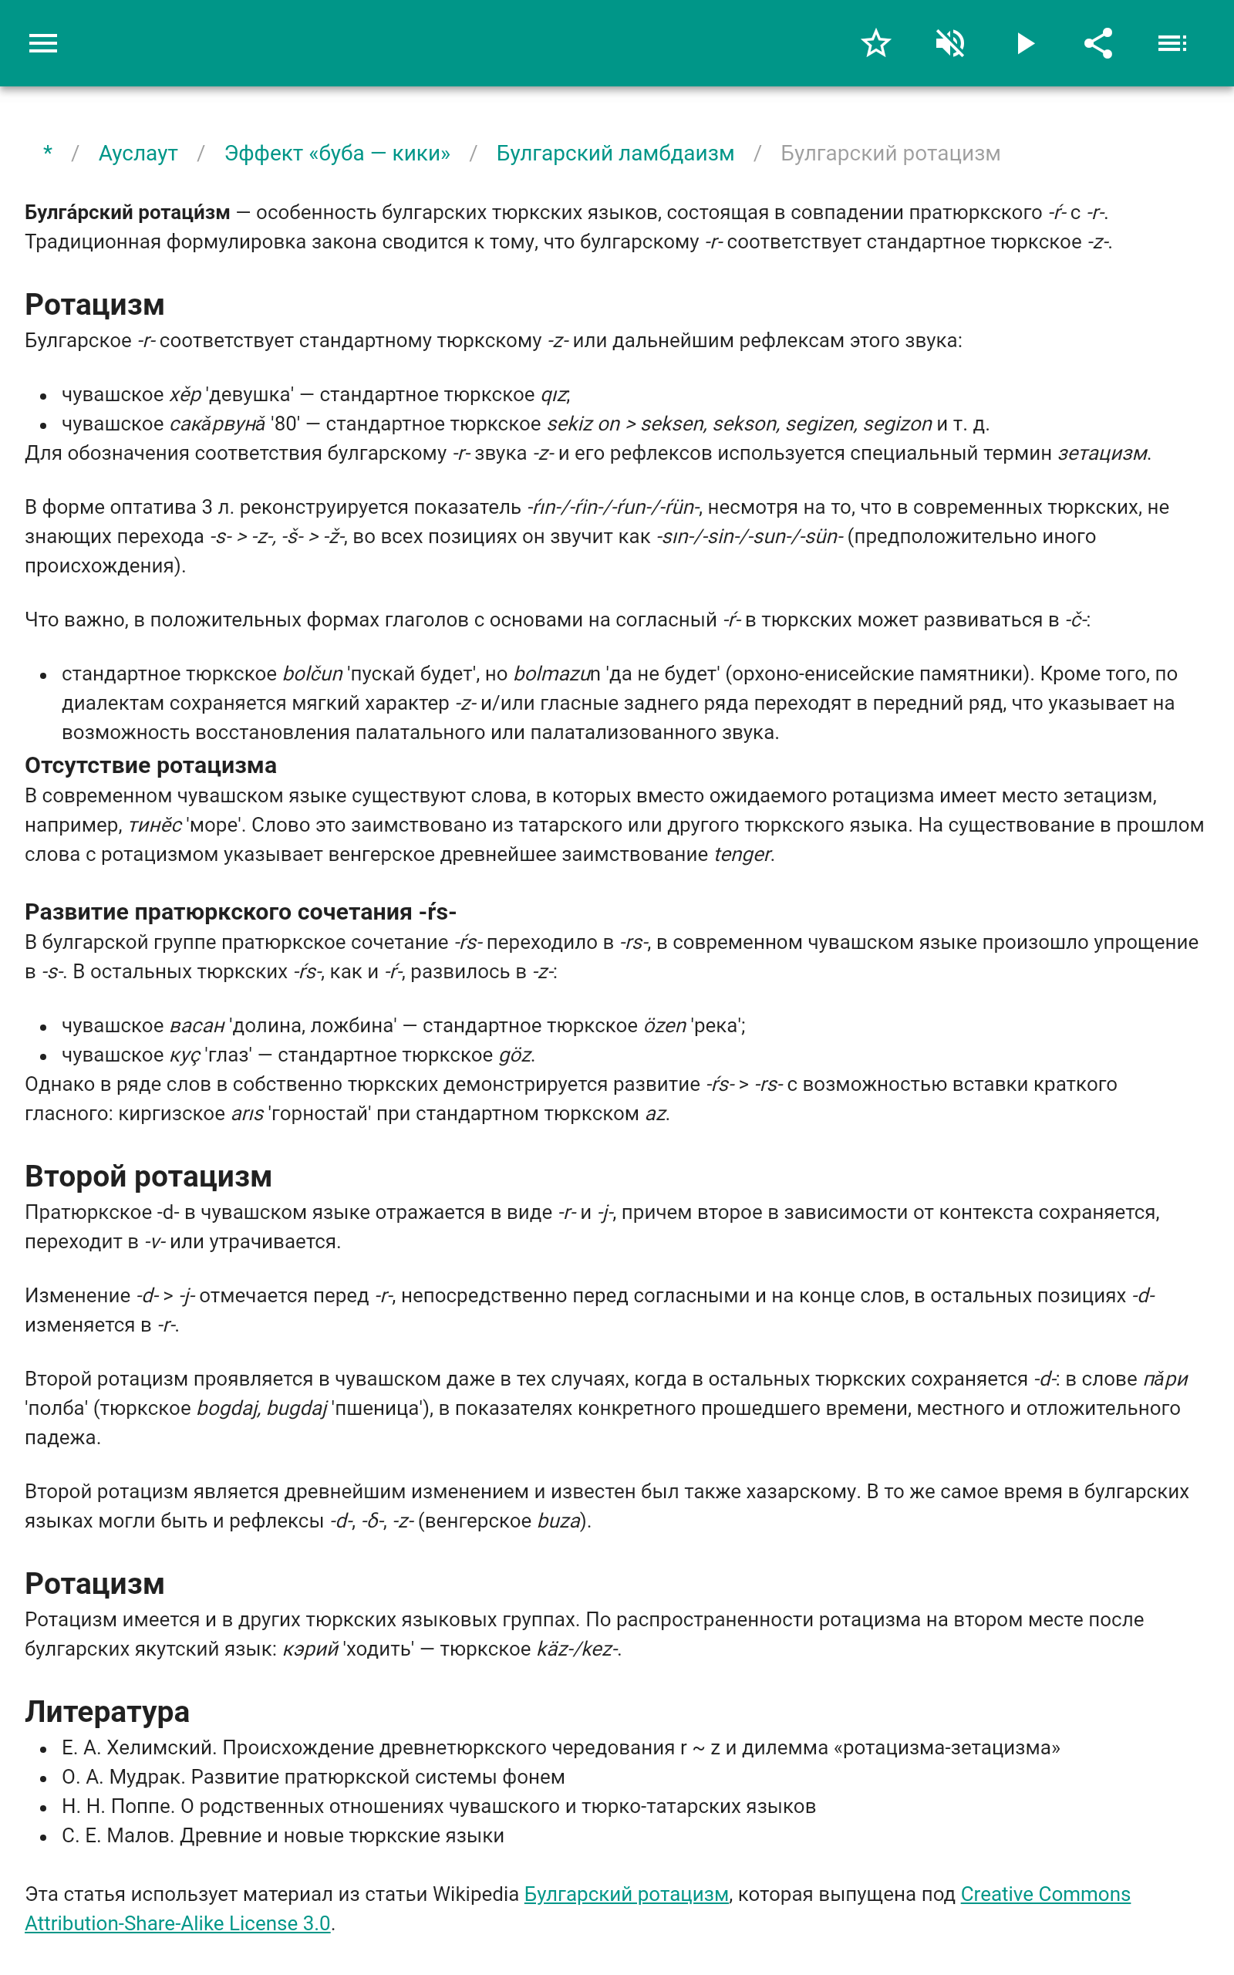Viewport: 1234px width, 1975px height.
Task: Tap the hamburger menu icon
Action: click(43, 43)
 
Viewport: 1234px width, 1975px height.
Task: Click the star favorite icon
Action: click(875, 43)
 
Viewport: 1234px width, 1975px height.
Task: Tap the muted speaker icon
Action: click(950, 43)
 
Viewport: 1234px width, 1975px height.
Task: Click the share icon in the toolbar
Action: click(1098, 43)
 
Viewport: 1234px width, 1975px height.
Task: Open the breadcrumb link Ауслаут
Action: click(138, 154)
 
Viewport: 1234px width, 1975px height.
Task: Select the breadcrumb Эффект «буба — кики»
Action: click(337, 154)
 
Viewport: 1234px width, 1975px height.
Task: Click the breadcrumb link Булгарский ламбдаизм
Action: click(615, 154)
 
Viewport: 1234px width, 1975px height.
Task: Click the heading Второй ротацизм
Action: click(148, 1176)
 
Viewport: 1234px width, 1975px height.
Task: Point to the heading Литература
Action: click(107, 1711)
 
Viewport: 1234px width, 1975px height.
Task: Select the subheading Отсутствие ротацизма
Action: click(150, 765)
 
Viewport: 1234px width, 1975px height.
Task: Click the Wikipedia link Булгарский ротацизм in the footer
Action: click(626, 1894)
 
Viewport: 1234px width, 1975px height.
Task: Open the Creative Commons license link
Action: click(1044, 1894)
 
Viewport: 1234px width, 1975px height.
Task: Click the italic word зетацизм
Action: click(1103, 453)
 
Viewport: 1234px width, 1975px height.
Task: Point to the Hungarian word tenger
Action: click(742, 855)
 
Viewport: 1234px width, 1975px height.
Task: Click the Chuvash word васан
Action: click(197, 1026)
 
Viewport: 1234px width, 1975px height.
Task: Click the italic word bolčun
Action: click(312, 674)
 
